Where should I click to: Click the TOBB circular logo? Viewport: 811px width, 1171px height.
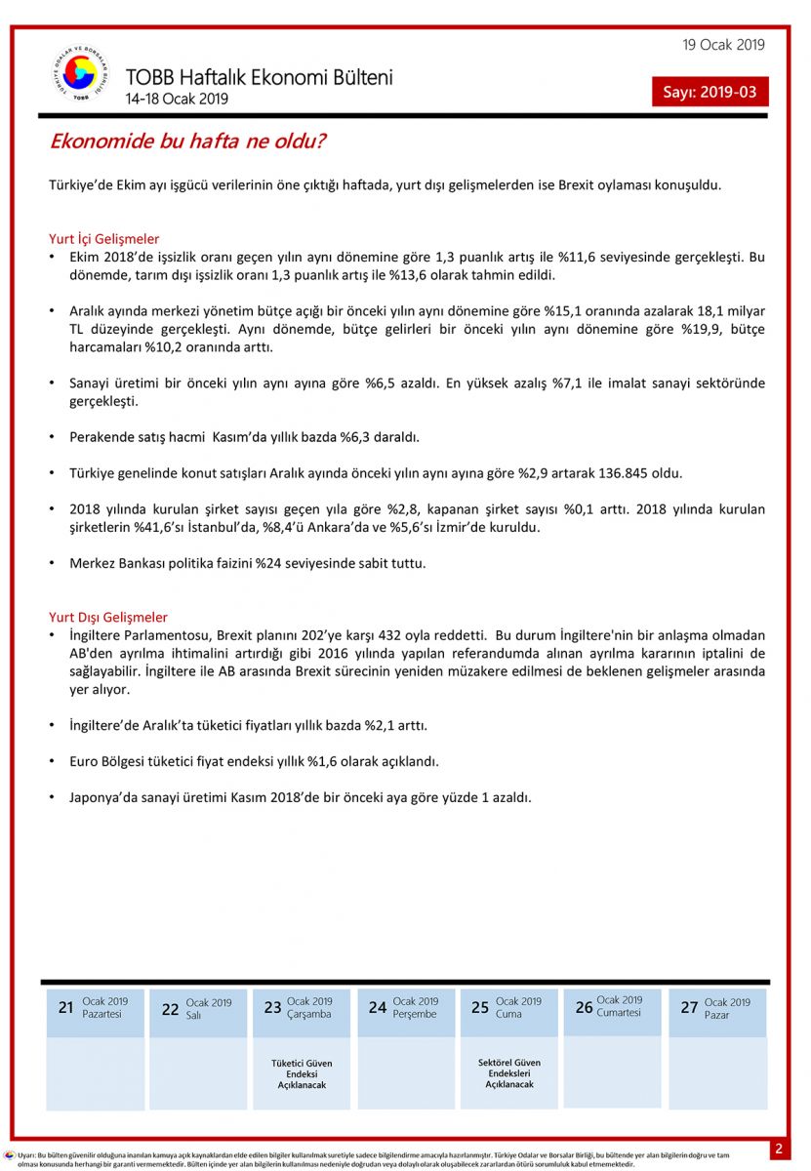coord(81,75)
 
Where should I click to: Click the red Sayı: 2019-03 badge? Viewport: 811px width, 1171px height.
coord(710,93)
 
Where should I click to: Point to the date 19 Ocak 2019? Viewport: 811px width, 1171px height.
coord(723,45)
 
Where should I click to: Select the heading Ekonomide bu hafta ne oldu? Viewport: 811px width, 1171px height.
coord(187,141)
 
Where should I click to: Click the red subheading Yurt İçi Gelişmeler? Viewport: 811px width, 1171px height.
coord(104,239)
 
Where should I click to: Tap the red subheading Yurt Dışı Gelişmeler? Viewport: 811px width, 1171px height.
coord(108,617)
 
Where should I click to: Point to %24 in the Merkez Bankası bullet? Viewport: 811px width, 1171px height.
coord(269,563)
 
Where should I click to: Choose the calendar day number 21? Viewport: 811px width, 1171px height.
coord(65,1008)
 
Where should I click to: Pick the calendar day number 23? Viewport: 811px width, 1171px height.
coord(272,1008)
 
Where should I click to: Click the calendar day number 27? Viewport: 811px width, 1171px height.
coord(689,1008)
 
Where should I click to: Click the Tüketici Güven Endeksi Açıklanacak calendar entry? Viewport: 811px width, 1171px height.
coord(302,1073)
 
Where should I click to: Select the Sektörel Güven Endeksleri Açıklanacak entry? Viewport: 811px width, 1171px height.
coord(509,1073)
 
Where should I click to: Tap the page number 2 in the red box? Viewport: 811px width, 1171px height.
coord(779,1149)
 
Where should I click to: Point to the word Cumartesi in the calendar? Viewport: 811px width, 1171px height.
coord(620,1013)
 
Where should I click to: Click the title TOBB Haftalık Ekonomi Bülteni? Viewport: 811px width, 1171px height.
coord(259,77)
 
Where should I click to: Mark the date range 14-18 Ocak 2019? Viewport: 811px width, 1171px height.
coord(177,100)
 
